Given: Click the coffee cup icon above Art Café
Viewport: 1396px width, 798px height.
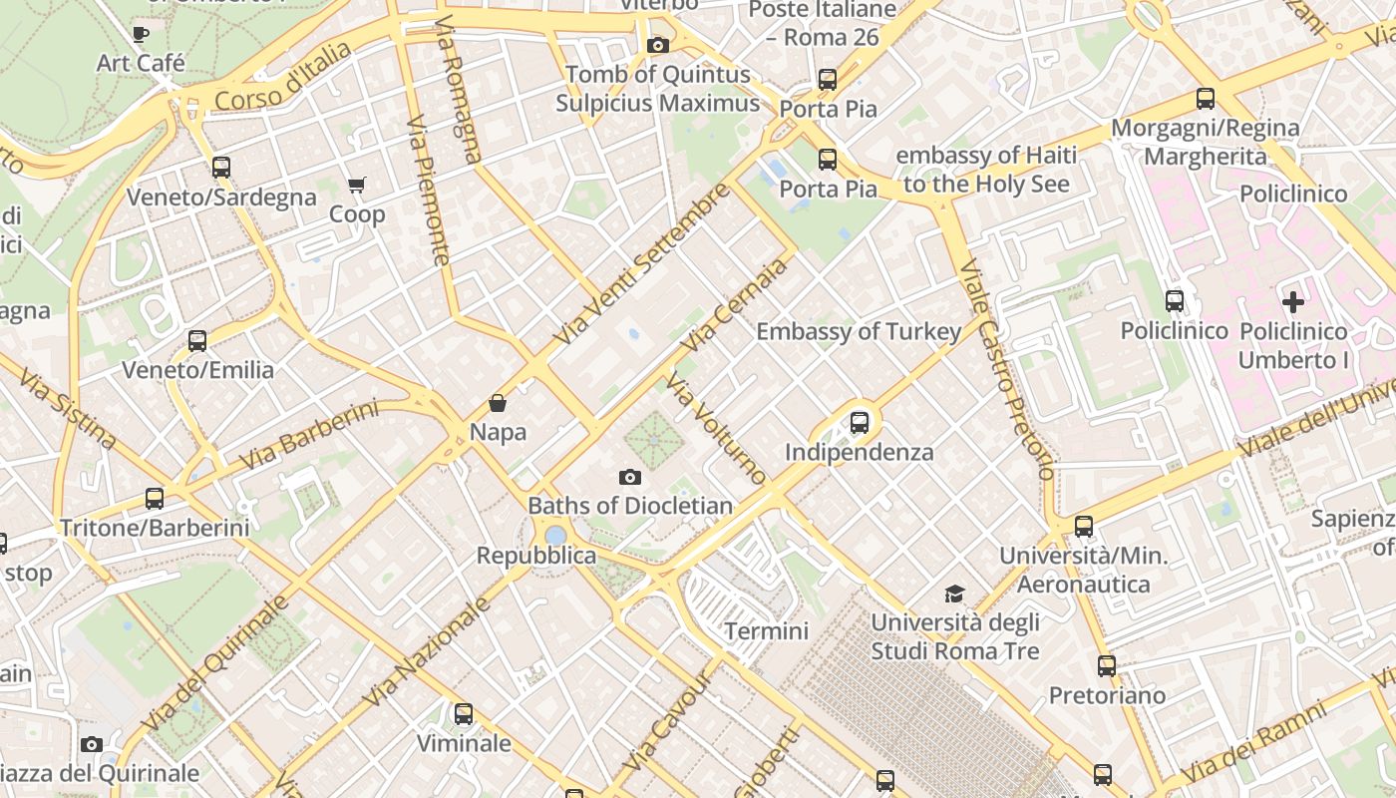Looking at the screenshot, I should tap(141, 35).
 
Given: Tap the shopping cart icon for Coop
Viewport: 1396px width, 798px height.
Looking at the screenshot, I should tap(357, 186).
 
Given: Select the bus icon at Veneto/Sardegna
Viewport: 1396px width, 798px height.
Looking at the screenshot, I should tap(221, 168).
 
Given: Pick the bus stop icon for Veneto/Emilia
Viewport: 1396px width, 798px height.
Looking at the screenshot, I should tap(197, 341).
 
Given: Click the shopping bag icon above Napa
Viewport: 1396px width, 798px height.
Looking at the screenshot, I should tap(498, 404).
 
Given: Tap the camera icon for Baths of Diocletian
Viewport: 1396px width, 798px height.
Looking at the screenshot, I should tap(630, 478).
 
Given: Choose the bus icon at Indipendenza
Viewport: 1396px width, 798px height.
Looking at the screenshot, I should tap(860, 423).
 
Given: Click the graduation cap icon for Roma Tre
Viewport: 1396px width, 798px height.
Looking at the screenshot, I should tap(954, 595).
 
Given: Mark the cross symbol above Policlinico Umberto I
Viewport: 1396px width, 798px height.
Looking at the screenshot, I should tap(1293, 302).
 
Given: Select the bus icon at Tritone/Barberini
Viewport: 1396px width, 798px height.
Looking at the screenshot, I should tap(155, 499).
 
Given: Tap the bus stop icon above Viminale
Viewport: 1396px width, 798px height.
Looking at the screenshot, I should tap(464, 714).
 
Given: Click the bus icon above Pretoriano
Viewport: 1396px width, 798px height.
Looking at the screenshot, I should tap(1107, 666).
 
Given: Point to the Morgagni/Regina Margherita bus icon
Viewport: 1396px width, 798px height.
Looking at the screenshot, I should tap(1206, 99).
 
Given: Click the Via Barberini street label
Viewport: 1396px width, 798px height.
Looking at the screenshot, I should tap(310, 436).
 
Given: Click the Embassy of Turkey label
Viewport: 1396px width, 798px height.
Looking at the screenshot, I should tap(859, 331).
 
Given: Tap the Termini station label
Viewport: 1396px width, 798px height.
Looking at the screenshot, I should tap(766, 630).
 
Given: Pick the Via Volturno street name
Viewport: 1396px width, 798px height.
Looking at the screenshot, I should tap(717, 429).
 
